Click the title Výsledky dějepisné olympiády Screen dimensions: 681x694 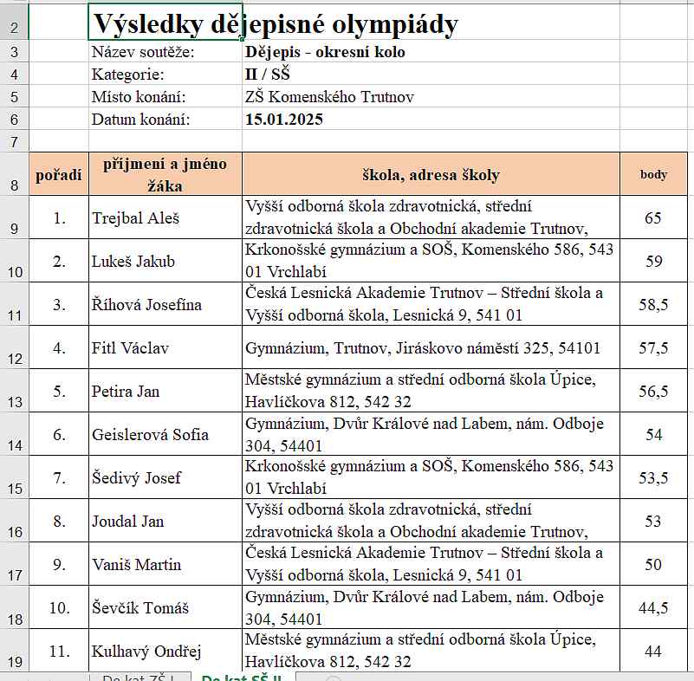[x=276, y=24]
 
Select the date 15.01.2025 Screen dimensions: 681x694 [x=284, y=120]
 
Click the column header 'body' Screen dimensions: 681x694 [x=653, y=174]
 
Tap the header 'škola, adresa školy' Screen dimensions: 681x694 [x=431, y=175]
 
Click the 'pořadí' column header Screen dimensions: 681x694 [x=59, y=175]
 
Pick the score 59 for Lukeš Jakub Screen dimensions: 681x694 [x=653, y=261]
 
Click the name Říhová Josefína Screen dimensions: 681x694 [x=146, y=305]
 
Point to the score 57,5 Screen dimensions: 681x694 [x=653, y=348]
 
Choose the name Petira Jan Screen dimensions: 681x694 [x=126, y=392]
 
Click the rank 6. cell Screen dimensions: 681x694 [x=59, y=435]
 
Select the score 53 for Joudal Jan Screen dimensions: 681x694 [x=653, y=522]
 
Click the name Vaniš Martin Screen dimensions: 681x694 [x=137, y=565]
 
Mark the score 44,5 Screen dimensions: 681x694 [x=653, y=608]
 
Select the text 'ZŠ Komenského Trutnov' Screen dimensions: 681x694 [x=330, y=97]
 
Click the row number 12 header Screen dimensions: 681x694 [x=14, y=357]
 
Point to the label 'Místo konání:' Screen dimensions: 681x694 [x=139, y=97]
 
